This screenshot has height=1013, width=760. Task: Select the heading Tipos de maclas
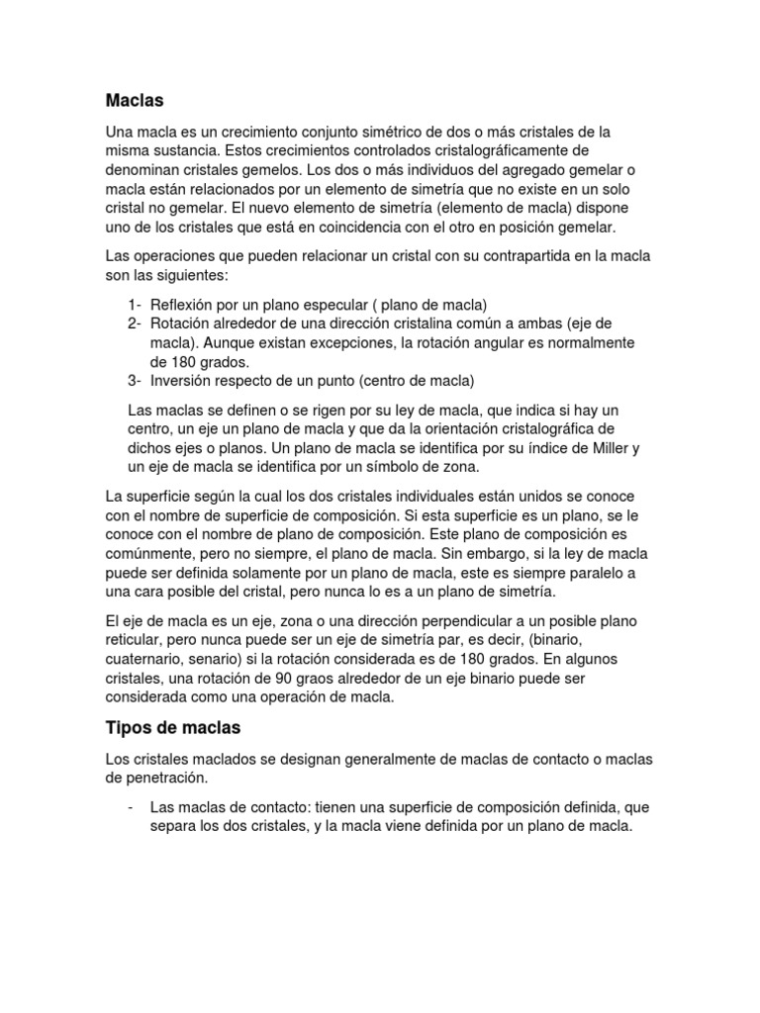tap(172, 727)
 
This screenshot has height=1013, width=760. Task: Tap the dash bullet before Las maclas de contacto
tap(132, 807)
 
